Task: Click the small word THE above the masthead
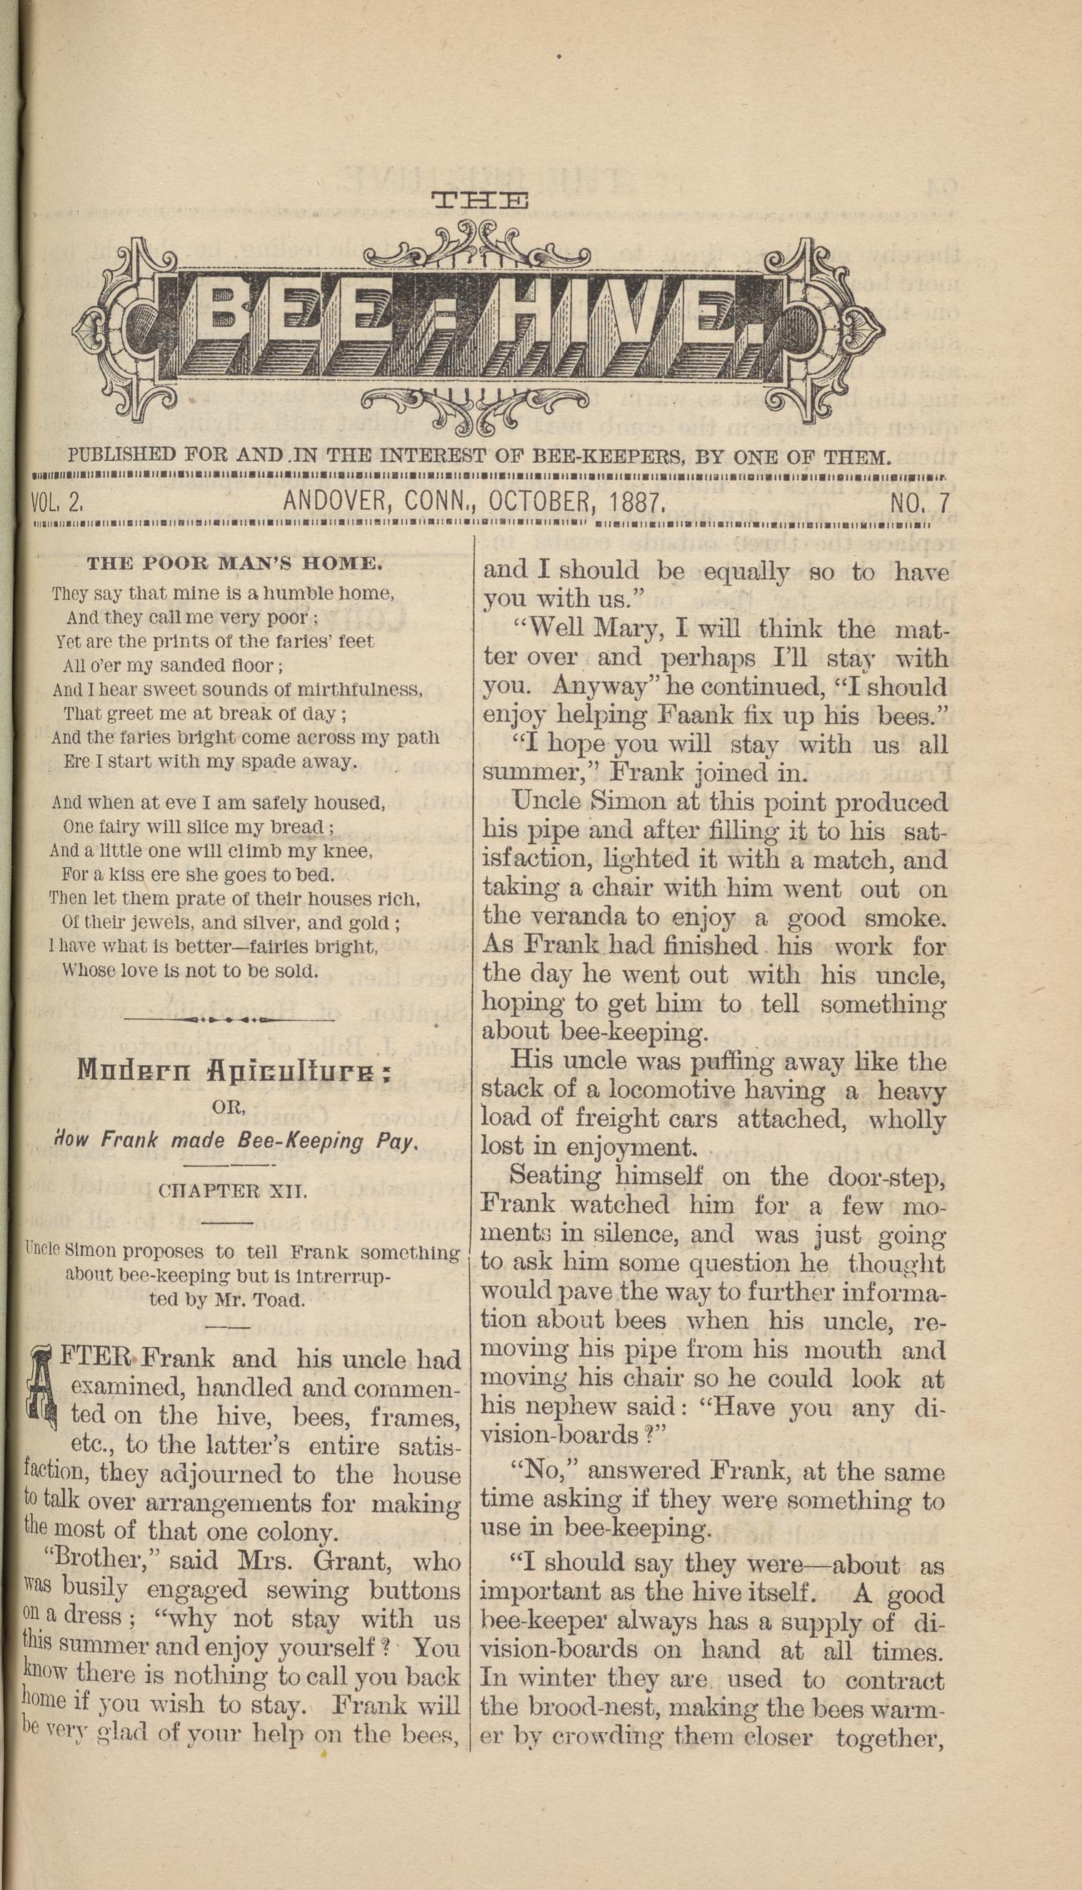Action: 480,201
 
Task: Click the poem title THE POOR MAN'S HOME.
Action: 235,564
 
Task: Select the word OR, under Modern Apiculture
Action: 229,1106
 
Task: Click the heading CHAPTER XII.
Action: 232,1191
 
